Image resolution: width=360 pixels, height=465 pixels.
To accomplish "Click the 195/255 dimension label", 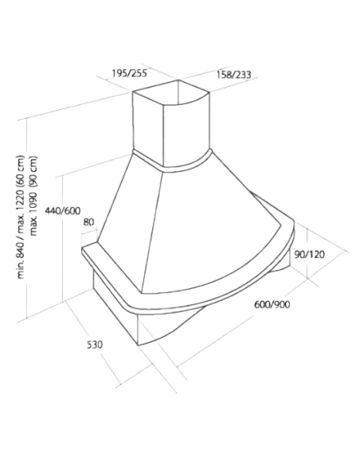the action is [x=129, y=73].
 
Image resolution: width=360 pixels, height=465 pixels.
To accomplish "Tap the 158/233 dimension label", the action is [x=233, y=74].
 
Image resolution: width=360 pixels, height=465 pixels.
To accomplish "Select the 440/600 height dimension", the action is [x=63, y=210].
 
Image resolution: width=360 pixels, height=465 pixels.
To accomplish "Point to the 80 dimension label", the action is [x=88, y=222].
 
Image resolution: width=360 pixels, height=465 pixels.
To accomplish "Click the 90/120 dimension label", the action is [x=310, y=254].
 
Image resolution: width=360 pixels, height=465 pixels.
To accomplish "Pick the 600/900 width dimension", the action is [x=272, y=304].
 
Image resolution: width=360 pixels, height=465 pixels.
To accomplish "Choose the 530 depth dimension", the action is [x=95, y=345].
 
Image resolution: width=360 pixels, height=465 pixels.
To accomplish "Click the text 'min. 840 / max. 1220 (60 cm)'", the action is [x=21, y=217].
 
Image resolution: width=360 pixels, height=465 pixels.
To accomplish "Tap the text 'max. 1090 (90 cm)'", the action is [x=33, y=196].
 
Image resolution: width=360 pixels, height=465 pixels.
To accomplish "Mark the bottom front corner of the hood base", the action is [x=139, y=346].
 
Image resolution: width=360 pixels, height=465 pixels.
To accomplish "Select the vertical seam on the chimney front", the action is [x=164, y=136].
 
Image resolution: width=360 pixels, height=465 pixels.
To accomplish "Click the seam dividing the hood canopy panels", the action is [x=152, y=232].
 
